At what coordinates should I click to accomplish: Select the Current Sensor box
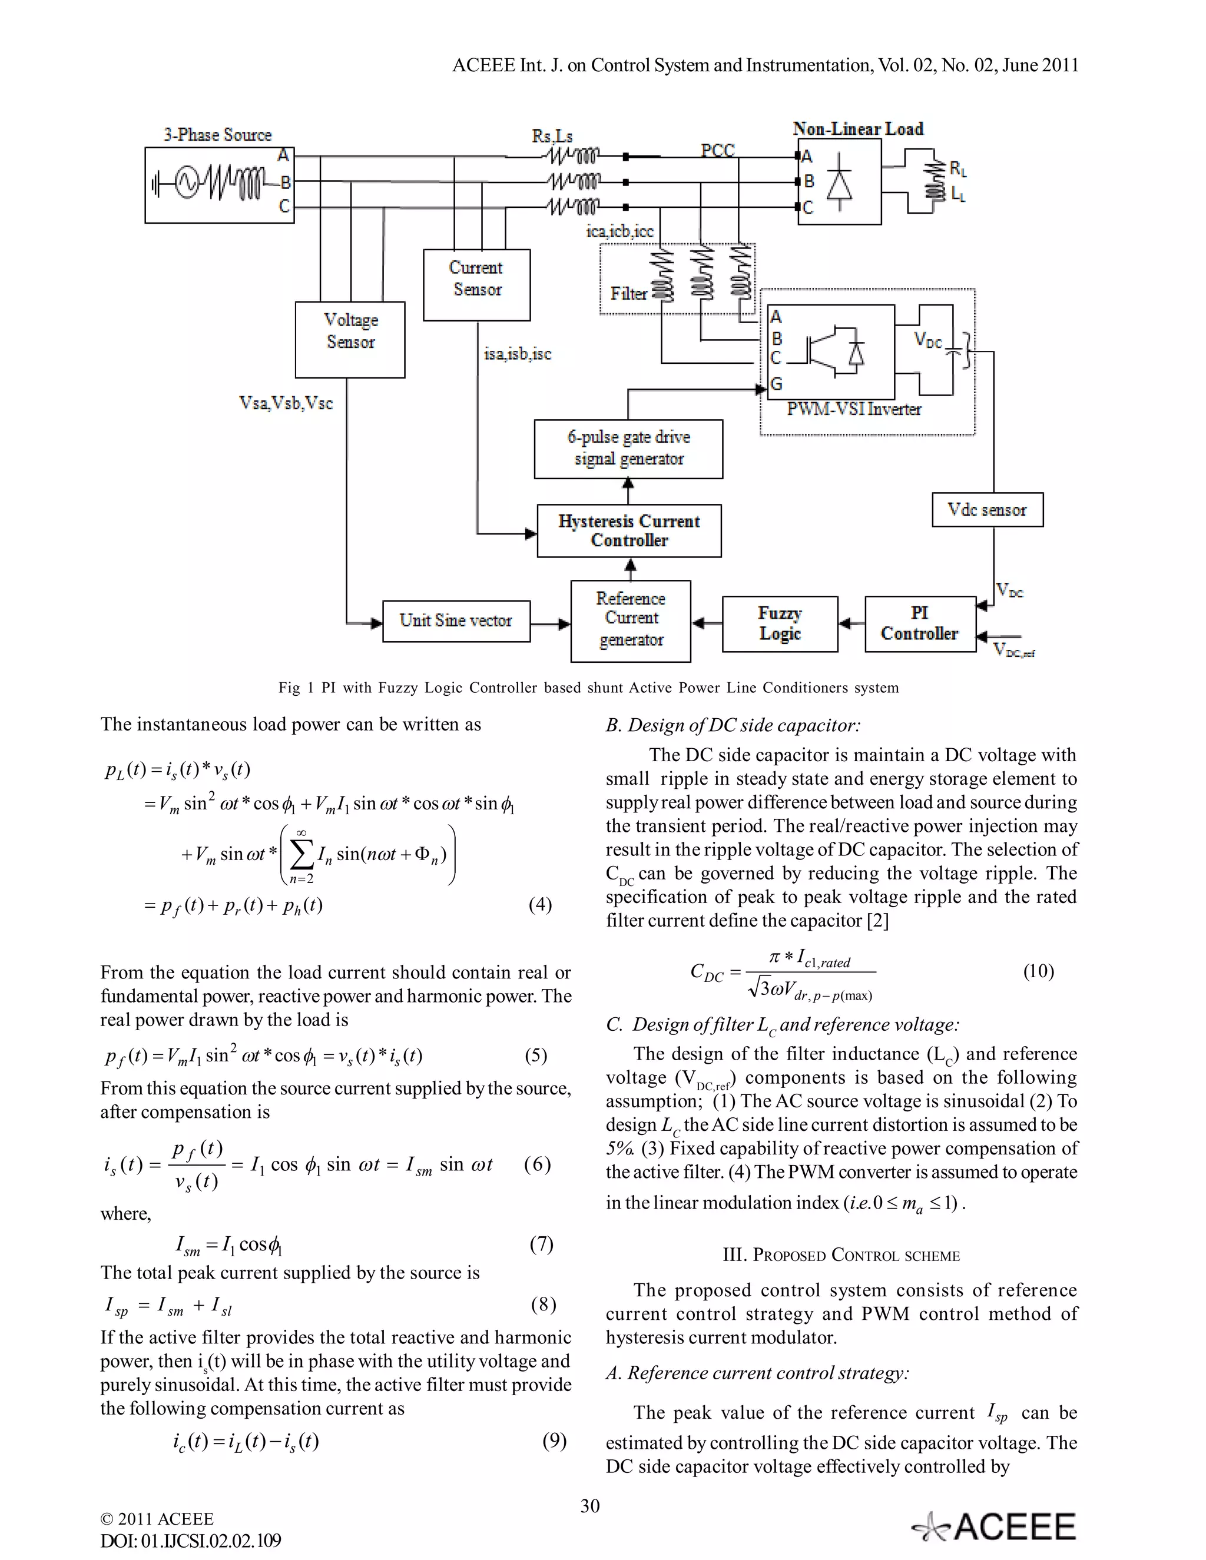pyautogui.click(x=476, y=284)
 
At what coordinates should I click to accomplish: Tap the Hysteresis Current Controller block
pyautogui.click(x=629, y=531)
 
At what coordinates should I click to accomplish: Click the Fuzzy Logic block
pyautogui.click(x=780, y=623)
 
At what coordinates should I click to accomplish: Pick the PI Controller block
pyautogui.click(x=919, y=623)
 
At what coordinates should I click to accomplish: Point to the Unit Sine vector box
pyautogui.click(x=456, y=620)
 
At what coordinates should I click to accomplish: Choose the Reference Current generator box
pyautogui.click(x=630, y=620)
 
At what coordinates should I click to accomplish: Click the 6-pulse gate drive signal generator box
pyautogui.click(x=628, y=449)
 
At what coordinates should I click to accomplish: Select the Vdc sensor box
pyautogui.click(x=987, y=509)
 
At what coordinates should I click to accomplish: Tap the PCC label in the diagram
pyautogui.click(x=717, y=150)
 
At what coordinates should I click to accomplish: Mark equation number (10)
pyautogui.click(x=1038, y=971)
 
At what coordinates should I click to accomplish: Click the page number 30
pyautogui.click(x=590, y=1505)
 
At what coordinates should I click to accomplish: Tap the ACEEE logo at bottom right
pyautogui.click(x=994, y=1526)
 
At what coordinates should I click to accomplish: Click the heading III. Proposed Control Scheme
pyautogui.click(x=841, y=1255)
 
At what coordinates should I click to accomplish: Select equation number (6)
pyautogui.click(x=537, y=1164)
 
